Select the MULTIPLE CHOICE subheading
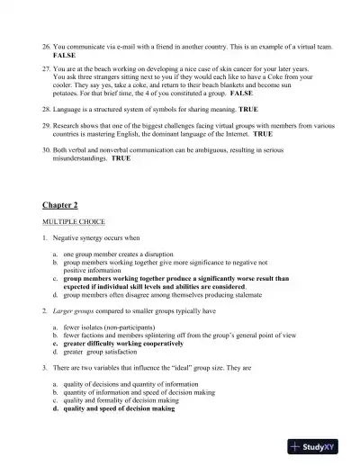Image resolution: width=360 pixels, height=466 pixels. (73, 221)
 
